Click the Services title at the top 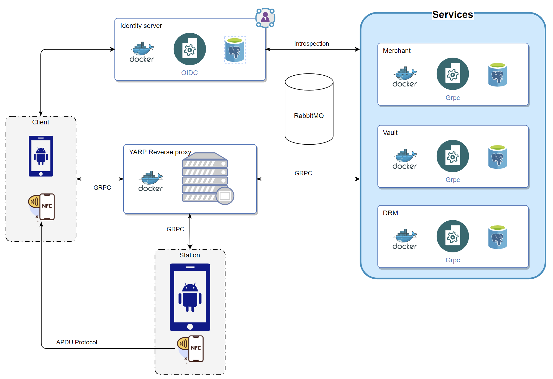coord(452,15)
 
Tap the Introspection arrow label coord(311,44)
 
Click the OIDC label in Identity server coord(190,73)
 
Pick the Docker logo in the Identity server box coord(142,52)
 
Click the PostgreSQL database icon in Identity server coord(235,50)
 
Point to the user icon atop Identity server coord(265,18)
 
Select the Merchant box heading coord(397,51)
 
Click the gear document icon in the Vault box coord(452,156)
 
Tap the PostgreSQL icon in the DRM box coord(497,237)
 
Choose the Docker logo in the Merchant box coord(404,77)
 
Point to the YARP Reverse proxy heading coord(160,152)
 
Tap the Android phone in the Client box coord(41,156)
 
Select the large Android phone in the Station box coord(190,297)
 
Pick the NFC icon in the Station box coord(191,349)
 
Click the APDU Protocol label coord(76,342)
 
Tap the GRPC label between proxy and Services coord(303,173)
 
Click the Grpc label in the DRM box coord(452,260)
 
